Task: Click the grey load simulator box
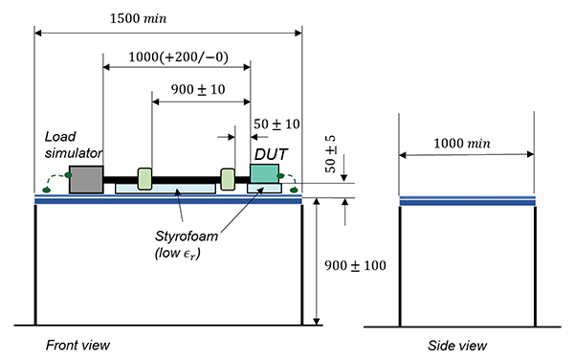click(x=86, y=179)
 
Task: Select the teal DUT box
click(x=264, y=173)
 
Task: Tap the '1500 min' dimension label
click(x=139, y=18)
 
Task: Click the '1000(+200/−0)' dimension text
click(x=178, y=57)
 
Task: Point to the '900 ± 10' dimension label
click(x=198, y=89)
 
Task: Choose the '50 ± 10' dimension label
click(x=276, y=124)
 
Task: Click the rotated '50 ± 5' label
click(x=330, y=154)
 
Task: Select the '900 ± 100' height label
click(x=355, y=265)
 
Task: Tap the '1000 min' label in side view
click(x=462, y=144)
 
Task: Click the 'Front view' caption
click(x=77, y=345)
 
